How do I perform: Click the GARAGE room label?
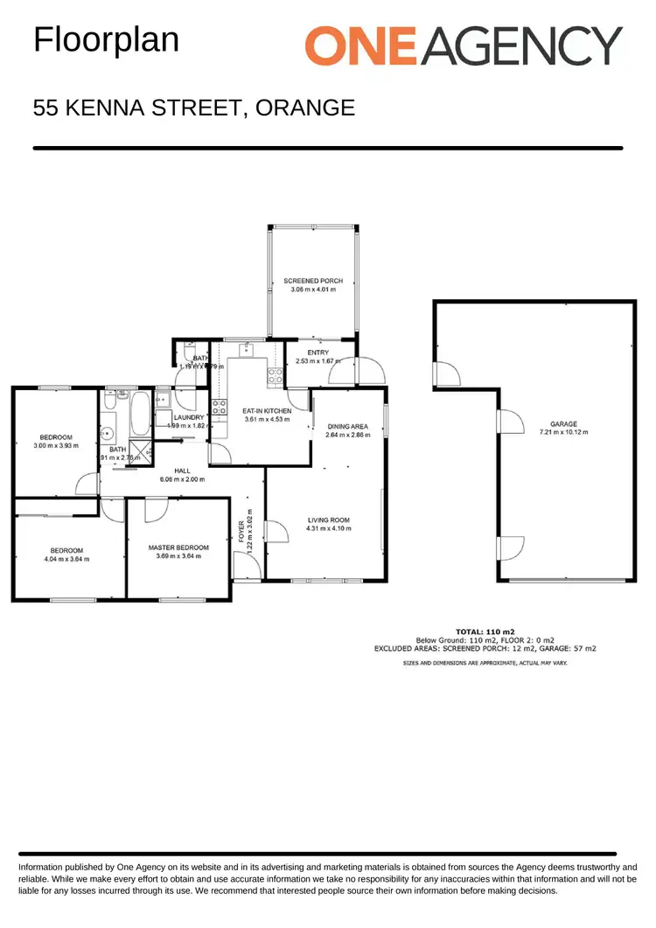563,424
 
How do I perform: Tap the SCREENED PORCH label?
313,281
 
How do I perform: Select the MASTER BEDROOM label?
178,548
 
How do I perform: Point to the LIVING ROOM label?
328,520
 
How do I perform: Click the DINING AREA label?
347,426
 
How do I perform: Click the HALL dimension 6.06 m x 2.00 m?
182,479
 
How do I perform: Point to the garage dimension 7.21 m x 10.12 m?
563,433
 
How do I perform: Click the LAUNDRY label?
189,417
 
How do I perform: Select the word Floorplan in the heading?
106,40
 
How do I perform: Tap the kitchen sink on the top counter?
248,350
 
